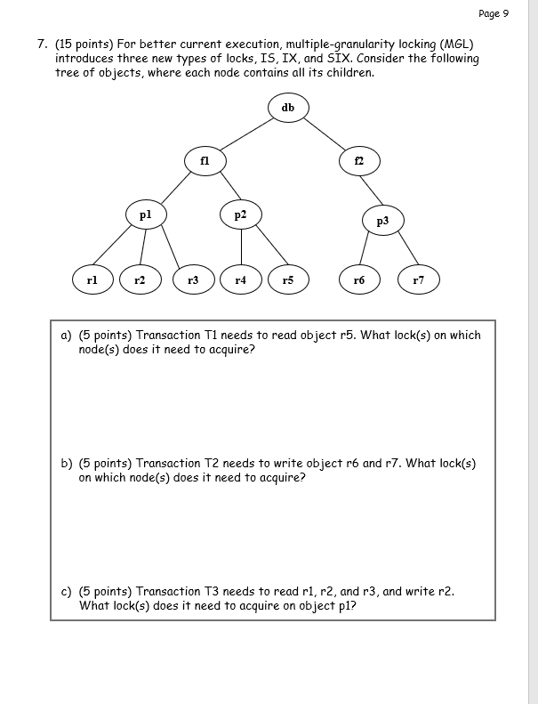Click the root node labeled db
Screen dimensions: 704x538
287,108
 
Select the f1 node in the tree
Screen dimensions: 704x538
205,161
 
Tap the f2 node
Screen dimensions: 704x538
359,161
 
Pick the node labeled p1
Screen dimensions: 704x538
146,214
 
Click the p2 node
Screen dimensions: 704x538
240,214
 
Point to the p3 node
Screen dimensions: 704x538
382,221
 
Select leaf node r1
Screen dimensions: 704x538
92,279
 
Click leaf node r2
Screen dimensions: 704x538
140,279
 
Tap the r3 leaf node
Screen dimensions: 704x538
193,279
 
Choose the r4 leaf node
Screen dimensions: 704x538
240,279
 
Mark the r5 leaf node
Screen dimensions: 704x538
287,279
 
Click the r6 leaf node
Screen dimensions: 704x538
358,279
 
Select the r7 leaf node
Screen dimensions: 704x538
418,279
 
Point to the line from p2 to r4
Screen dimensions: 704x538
240,247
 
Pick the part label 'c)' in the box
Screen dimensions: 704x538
66,591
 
